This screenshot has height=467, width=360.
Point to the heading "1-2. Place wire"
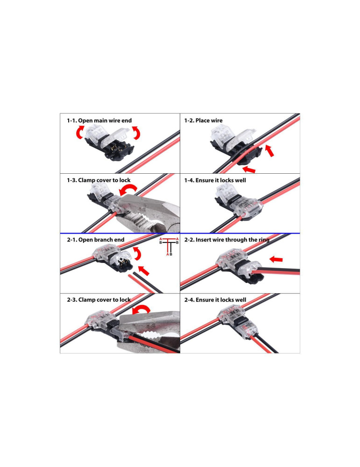(203, 120)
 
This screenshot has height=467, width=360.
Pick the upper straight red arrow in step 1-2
(270, 150)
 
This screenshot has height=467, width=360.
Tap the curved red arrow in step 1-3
(127, 191)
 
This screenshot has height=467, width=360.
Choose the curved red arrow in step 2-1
(138, 254)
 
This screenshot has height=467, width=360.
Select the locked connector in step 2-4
(231, 321)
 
